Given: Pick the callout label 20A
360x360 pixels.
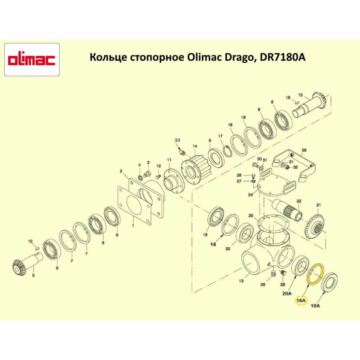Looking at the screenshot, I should point(287,293).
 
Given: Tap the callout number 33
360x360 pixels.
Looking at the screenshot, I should point(177,140).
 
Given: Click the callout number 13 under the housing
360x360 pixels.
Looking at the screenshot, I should point(241,281).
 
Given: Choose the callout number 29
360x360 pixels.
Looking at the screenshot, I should point(303,150).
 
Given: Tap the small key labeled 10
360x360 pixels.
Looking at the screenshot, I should point(37,248).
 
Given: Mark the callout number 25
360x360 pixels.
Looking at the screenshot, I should point(251,216).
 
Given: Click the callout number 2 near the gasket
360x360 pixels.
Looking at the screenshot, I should point(121,171).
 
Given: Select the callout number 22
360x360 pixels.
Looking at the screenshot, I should point(298,201).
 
